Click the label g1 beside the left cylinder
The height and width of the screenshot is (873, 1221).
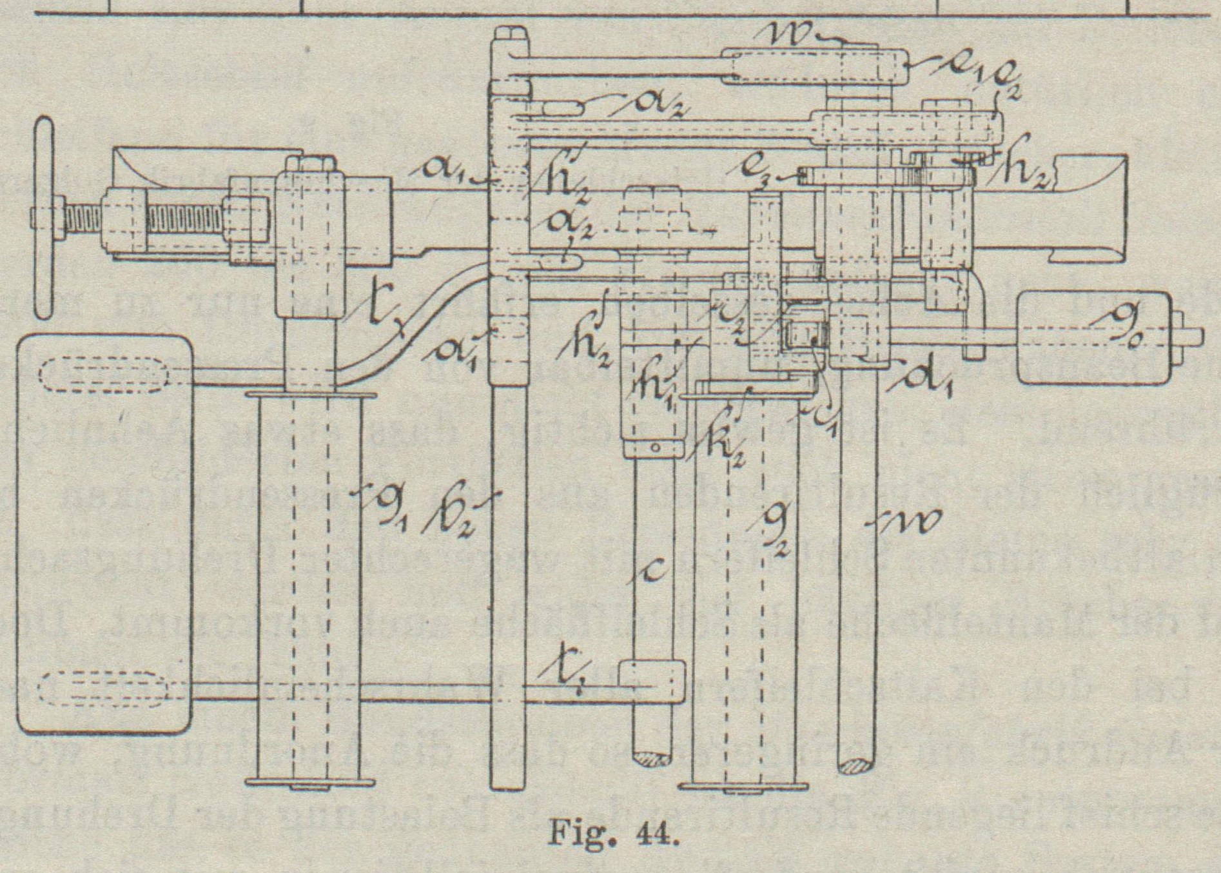(389, 502)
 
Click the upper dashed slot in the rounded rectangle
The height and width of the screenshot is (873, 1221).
(103, 372)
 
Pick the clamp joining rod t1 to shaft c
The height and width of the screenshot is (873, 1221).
(651, 682)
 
